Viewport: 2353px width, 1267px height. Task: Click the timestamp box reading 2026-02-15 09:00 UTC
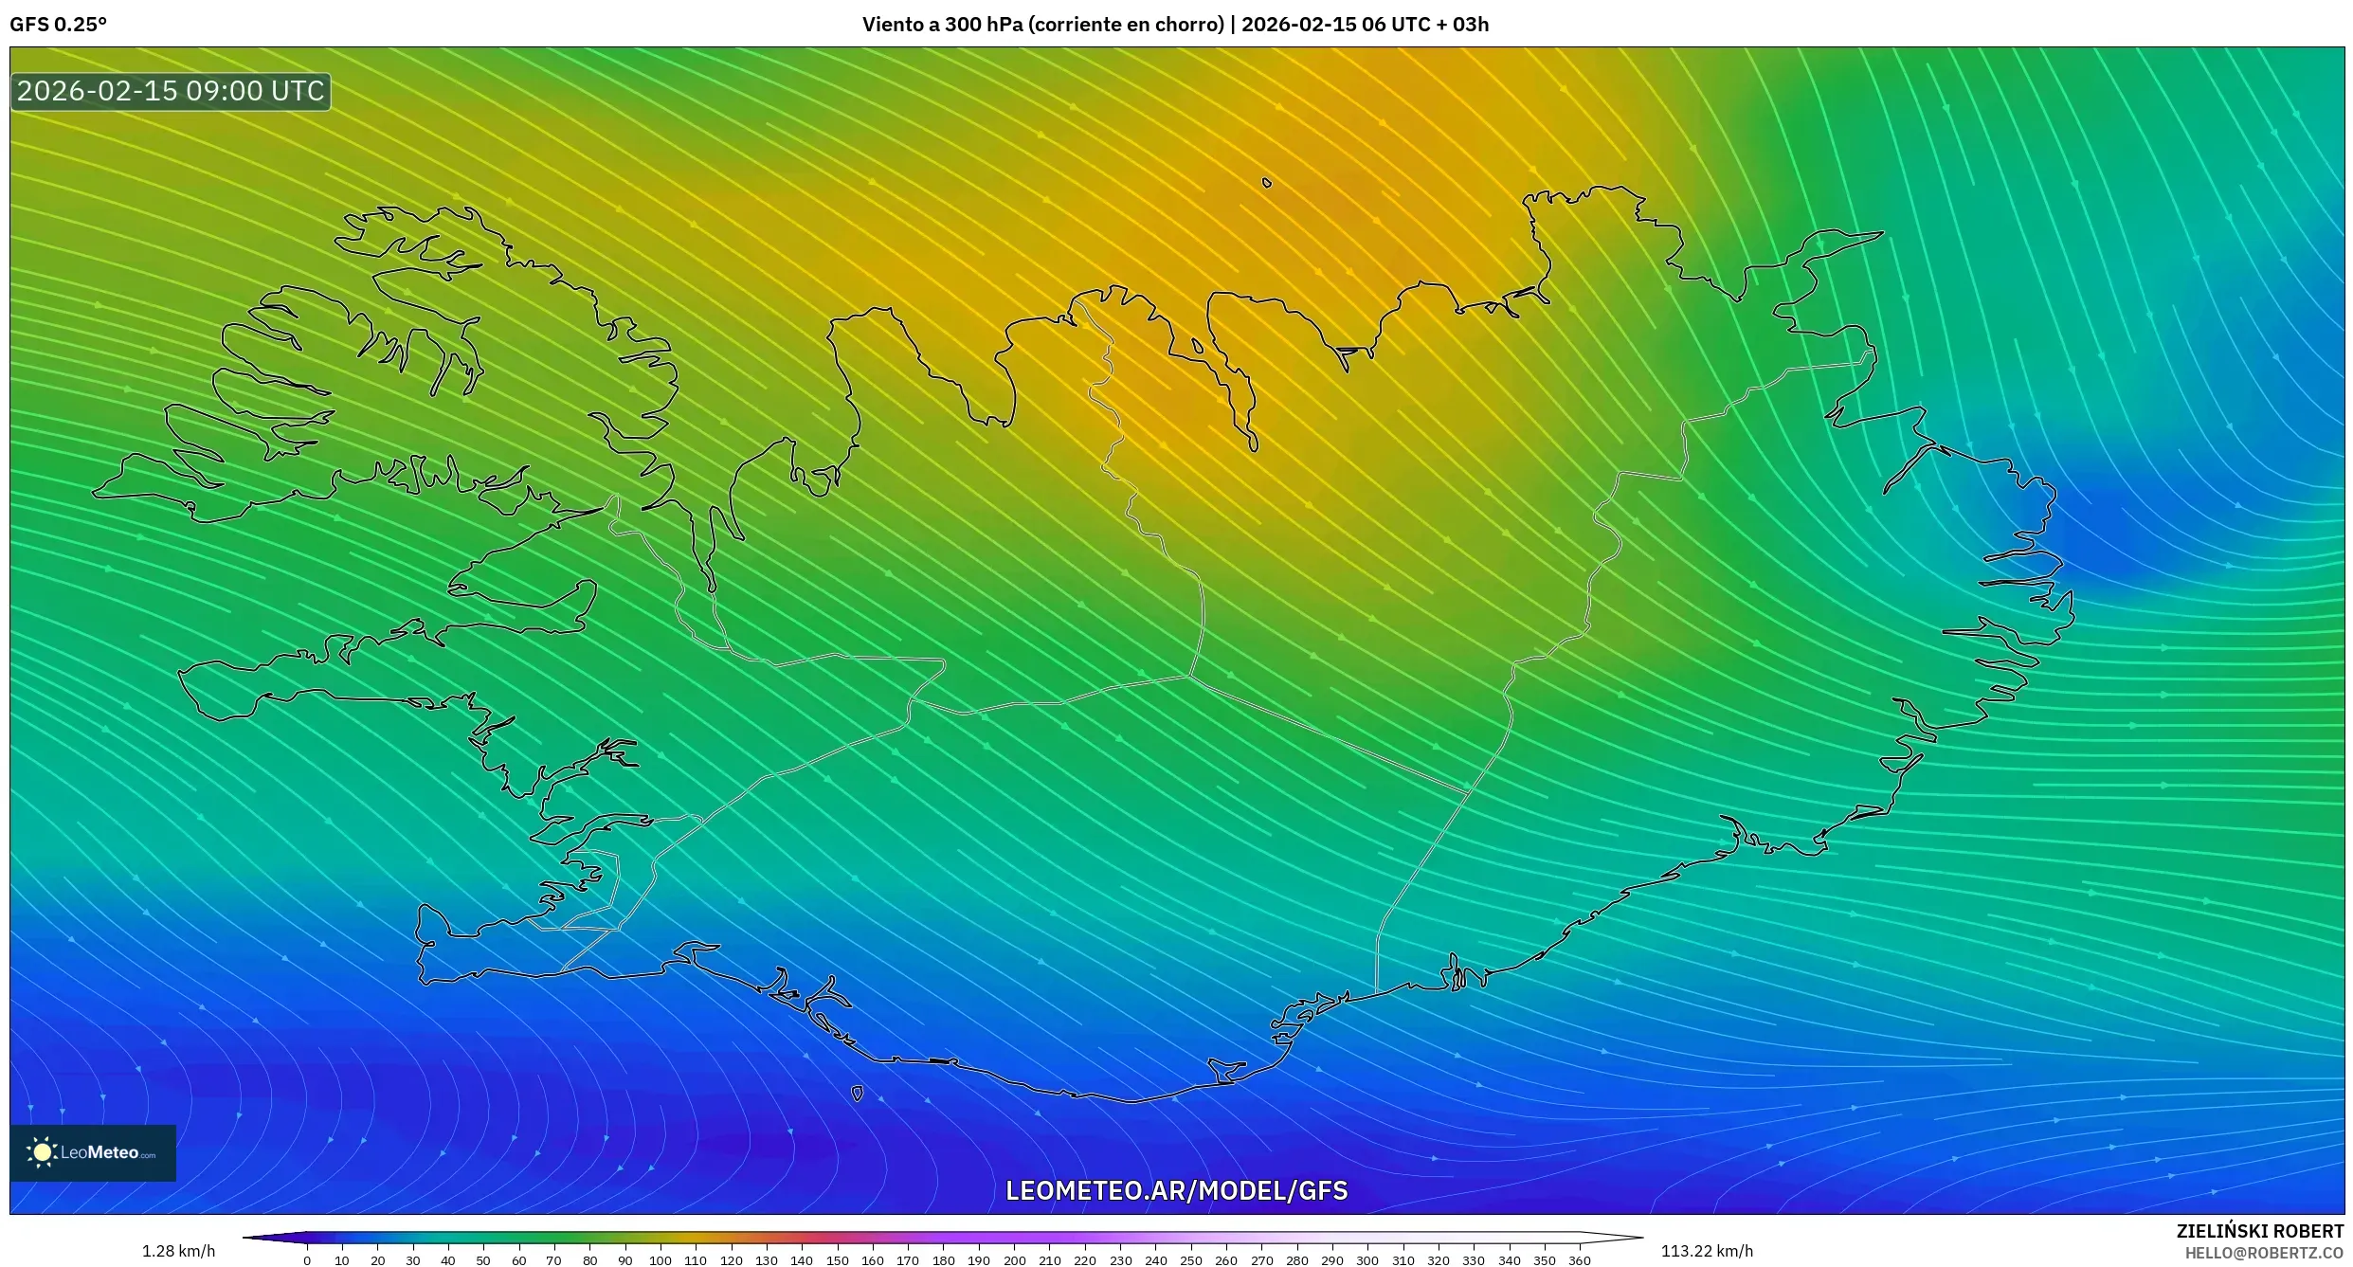coord(171,92)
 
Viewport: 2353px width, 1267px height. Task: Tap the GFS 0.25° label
coord(58,25)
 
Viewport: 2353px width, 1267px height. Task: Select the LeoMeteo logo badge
coord(93,1152)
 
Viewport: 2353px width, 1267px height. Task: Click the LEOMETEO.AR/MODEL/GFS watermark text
coord(1176,1190)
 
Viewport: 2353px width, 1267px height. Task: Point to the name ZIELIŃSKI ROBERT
coord(2259,1231)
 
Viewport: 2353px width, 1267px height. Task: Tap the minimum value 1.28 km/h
coord(178,1251)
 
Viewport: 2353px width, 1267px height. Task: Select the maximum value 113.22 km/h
coord(1707,1251)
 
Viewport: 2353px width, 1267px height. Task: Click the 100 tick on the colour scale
coord(661,1259)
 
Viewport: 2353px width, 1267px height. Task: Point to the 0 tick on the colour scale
coord(307,1259)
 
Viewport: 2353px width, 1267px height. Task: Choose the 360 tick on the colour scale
coord(1579,1259)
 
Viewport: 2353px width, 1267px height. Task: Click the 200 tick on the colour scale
coord(1014,1259)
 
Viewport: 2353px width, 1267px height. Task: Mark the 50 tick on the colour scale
coord(483,1259)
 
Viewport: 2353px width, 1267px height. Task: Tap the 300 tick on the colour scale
coord(1367,1259)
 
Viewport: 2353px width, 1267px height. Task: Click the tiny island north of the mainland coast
coord(1267,183)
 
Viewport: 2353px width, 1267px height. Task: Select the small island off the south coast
coord(857,1094)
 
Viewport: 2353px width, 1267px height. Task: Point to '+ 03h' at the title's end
coord(1463,25)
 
